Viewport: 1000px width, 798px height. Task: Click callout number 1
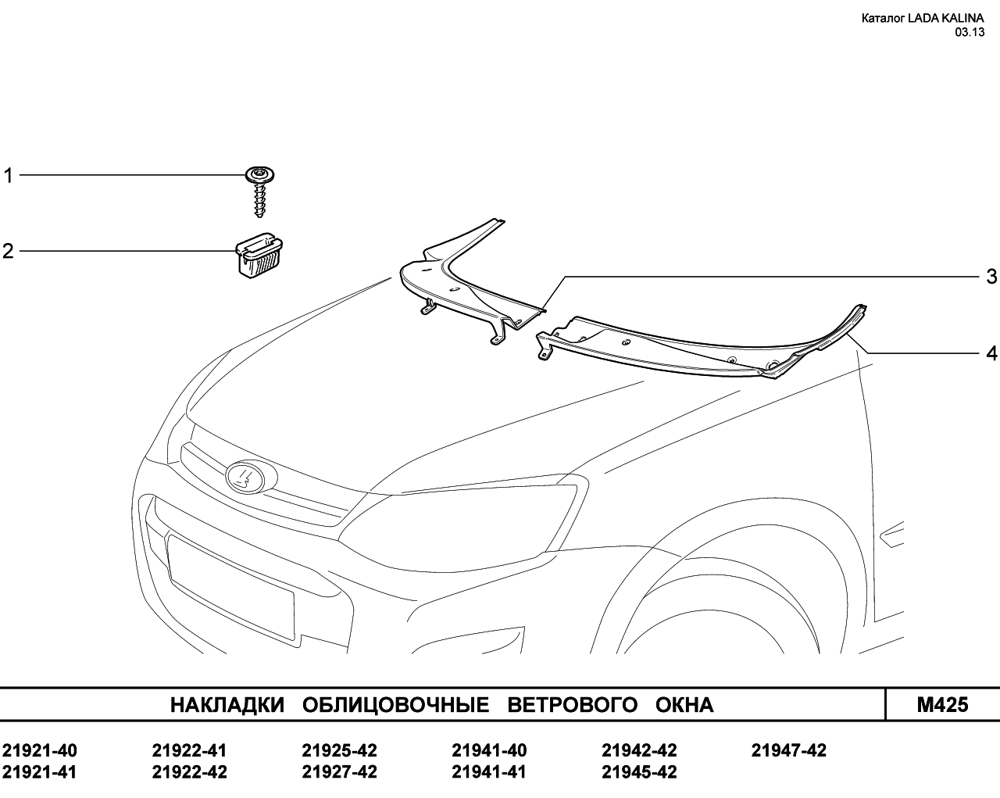(x=8, y=176)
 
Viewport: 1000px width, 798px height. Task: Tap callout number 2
(x=8, y=252)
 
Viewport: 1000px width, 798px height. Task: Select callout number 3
(x=991, y=277)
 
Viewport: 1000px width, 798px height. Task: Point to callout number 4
(x=991, y=353)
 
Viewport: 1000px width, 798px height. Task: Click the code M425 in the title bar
(x=942, y=704)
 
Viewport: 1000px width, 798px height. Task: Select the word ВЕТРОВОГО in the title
(x=573, y=705)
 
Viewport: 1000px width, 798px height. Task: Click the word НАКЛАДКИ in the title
(x=227, y=705)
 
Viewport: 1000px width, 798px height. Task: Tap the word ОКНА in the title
(x=684, y=705)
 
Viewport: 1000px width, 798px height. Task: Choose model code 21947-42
(x=789, y=750)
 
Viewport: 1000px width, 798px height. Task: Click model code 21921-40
(x=40, y=750)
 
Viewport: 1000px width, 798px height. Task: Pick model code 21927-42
(x=340, y=772)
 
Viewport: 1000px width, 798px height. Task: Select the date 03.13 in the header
(x=970, y=32)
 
